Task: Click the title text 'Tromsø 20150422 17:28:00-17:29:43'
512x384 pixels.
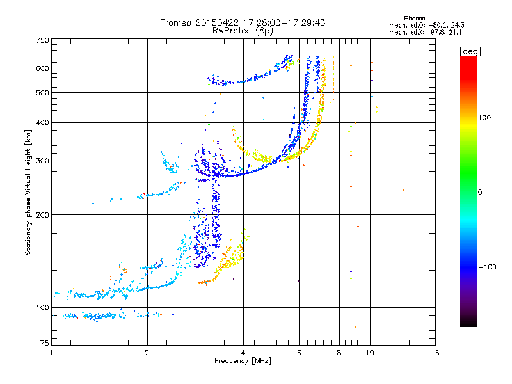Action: pyautogui.click(x=243, y=22)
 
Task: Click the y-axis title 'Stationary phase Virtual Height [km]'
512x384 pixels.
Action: pyautogui.click(x=28, y=192)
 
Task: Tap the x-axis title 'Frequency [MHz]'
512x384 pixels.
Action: pyautogui.click(x=243, y=361)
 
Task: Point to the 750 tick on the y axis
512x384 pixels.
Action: pyautogui.click(x=42, y=40)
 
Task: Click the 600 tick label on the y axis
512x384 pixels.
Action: pyautogui.click(x=42, y=68)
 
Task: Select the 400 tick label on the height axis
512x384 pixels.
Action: pyautogui.click(x=42, y=122)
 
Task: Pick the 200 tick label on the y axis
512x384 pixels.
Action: pyautogui.click(x=42, y=214)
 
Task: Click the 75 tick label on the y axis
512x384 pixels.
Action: pyautogui.click(x=44, y=344)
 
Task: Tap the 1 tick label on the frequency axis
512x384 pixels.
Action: pyautogui.click(x=51, y=353)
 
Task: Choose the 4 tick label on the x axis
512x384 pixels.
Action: pyautogui.click(x=243, y=353)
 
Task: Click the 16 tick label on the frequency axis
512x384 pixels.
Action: pyautogui.click(x=435, y=353)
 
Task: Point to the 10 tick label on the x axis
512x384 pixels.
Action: pyautogui.click(x=369, y=353)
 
